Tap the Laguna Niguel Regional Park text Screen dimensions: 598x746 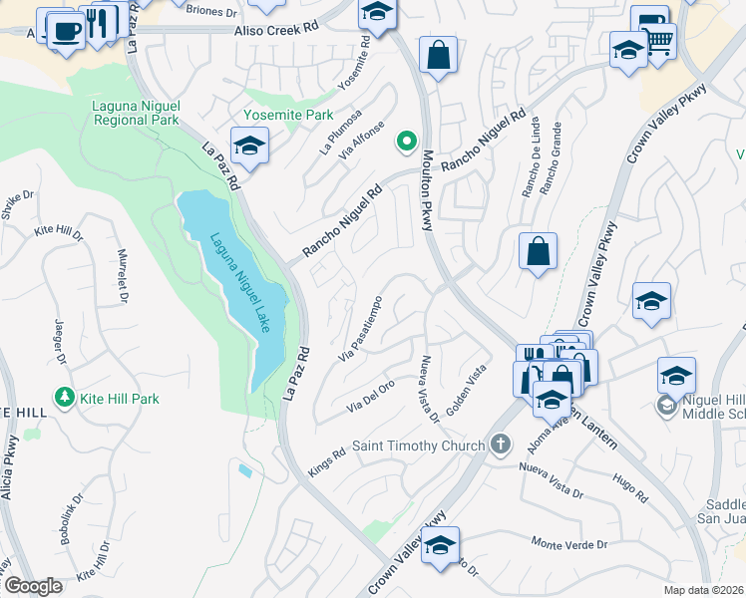[136, 113]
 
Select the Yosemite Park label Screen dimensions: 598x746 [289, 115]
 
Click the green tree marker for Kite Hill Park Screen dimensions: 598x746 [65, 399]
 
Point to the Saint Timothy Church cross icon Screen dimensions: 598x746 [500, 445]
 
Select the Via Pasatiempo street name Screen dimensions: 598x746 [362, 328]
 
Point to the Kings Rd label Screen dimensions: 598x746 [326, 461]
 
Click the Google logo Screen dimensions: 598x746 [32, 586]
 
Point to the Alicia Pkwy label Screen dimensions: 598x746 [9, 467]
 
